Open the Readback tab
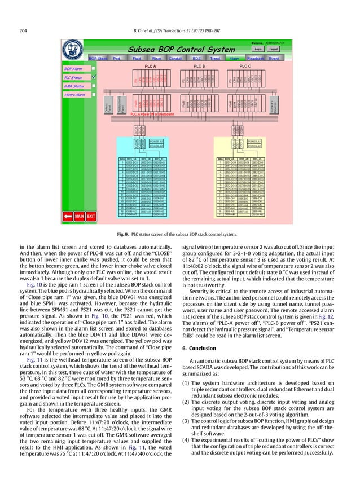point(256,58)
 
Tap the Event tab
point(274,58)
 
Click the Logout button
point(274,49)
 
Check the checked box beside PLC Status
point(94,77)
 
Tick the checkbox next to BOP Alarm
point(94,68)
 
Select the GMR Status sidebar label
point(74,86)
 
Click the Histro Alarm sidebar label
point(76,95)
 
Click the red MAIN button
point(80,215)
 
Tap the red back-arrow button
point(68,215)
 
